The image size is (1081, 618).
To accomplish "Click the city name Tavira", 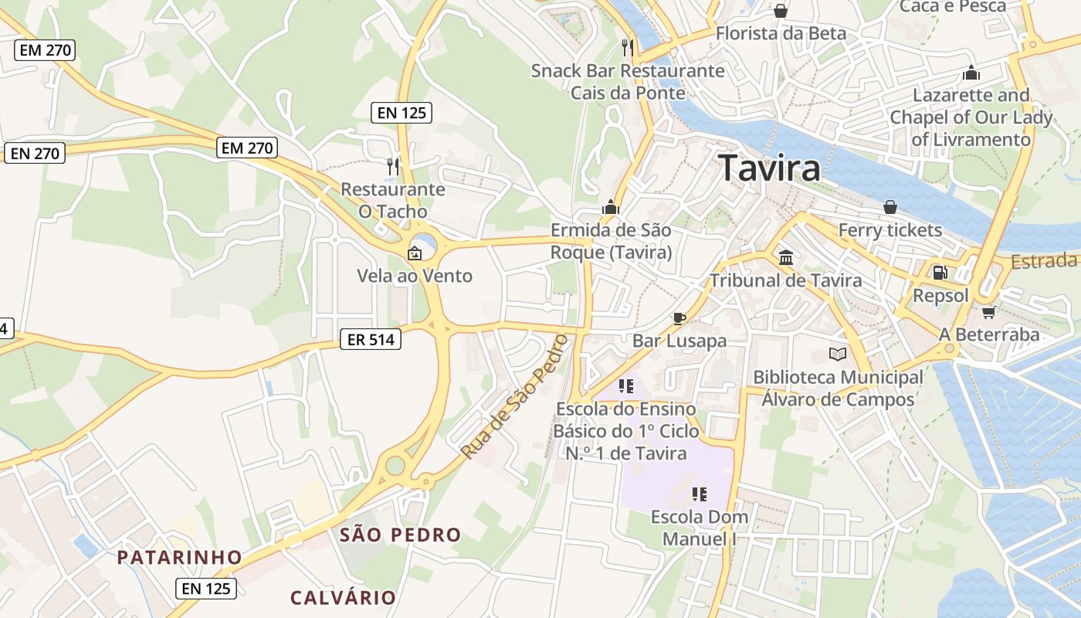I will pos(769,168).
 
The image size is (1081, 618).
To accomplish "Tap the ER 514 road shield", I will pos(371,338).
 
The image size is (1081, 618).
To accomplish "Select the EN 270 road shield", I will pos(247,148).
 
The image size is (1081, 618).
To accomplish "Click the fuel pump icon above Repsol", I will pos(940,272).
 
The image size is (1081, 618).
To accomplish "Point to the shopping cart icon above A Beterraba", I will pos(988,312).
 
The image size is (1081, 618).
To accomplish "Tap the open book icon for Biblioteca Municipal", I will pos(838,355).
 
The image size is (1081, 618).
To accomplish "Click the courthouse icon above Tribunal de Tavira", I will pos(786,257).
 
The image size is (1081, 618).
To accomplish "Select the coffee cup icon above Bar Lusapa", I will pos(679,317).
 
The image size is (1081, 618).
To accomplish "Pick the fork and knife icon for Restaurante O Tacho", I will pos(393,166).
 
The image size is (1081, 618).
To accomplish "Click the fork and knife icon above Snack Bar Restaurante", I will pos(628,48).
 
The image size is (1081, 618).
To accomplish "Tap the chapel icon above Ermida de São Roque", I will pos(611,207).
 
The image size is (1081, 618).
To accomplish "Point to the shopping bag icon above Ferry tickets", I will pos(890,207).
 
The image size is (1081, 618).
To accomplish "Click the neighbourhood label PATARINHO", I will pos(180,557).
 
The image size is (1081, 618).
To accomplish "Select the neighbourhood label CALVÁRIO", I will pos(343,597).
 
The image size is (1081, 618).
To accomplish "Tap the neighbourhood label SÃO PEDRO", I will pos(400,535).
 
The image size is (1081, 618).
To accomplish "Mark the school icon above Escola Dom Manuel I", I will pos(700,494).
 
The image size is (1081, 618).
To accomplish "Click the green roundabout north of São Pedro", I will pos(395,465).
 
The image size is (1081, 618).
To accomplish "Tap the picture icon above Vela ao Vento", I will pos(415,253).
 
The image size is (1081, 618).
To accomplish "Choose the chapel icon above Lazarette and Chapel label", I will pos(971,73).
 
